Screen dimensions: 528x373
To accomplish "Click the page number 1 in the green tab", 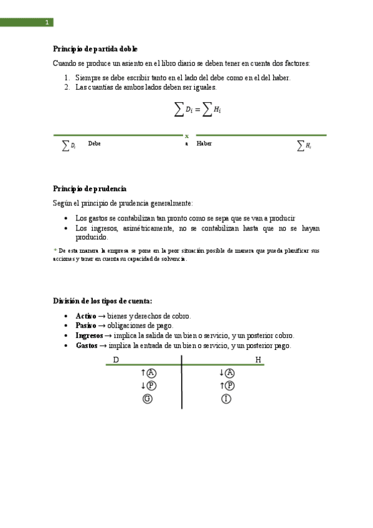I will point(46,23).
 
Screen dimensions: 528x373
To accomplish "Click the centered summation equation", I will point(197,110).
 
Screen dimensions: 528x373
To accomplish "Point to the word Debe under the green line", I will point(94,143).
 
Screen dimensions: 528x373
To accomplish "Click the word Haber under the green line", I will point(204,143).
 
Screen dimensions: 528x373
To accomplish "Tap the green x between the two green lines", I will point(187,135).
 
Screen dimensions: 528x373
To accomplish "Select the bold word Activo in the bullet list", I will point(86,316).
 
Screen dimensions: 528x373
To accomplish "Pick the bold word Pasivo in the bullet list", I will point(86,326).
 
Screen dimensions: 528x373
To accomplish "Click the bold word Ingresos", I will point(90,335).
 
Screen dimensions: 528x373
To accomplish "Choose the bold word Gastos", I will point(87,345).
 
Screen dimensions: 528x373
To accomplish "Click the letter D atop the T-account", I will point(116,360).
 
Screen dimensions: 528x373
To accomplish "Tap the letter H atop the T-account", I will point(258,360).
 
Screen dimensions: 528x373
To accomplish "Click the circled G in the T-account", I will point(148,398).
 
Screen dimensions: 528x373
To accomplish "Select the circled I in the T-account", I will point(226,398).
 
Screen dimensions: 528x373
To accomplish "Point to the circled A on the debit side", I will point(151,373).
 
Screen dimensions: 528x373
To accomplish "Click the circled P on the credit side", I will point(230,386).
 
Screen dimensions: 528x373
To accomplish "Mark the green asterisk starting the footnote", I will point(55,250).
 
